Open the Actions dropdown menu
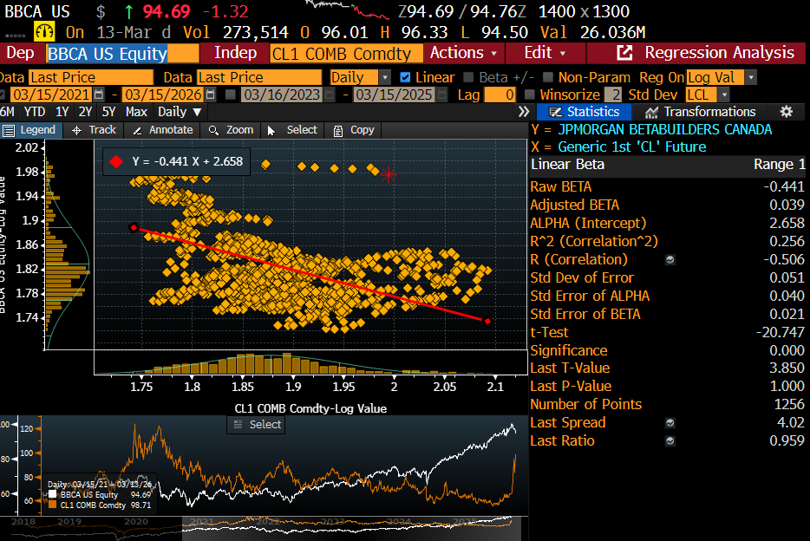click(x=463, y=53)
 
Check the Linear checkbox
click(x=406, y=77)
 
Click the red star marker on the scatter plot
click(x=389, y=175)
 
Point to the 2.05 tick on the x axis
click(x=444, y=388)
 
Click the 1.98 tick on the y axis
click(x=28, y=172)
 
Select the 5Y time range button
click(x=108, y=112)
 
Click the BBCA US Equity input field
click(x=106, y=53)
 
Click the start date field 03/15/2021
click(x=52, y=95)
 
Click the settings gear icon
click(x=787, y=112)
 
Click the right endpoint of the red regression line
click(x=487, y=321)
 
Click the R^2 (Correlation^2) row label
click(x=594, y=241)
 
